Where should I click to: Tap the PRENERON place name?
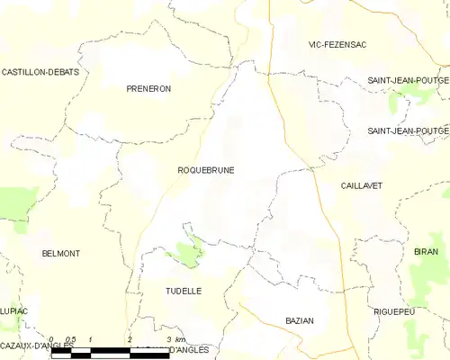point(148,88)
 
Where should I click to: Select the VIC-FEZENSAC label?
point(337,44)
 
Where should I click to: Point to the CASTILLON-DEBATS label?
point(40,71)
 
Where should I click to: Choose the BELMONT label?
point(61,254)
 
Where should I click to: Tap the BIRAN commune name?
point(427,251)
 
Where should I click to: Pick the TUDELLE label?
point(184,291)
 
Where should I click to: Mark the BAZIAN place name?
point(299,320)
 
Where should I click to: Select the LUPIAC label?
point(13,310)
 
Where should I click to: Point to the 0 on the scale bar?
point(51,339)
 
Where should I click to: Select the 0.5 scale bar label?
point(70,339)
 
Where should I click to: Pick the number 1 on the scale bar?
point(91,339)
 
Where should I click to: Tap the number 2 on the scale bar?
point(130,339)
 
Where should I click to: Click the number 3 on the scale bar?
point(169,339)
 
